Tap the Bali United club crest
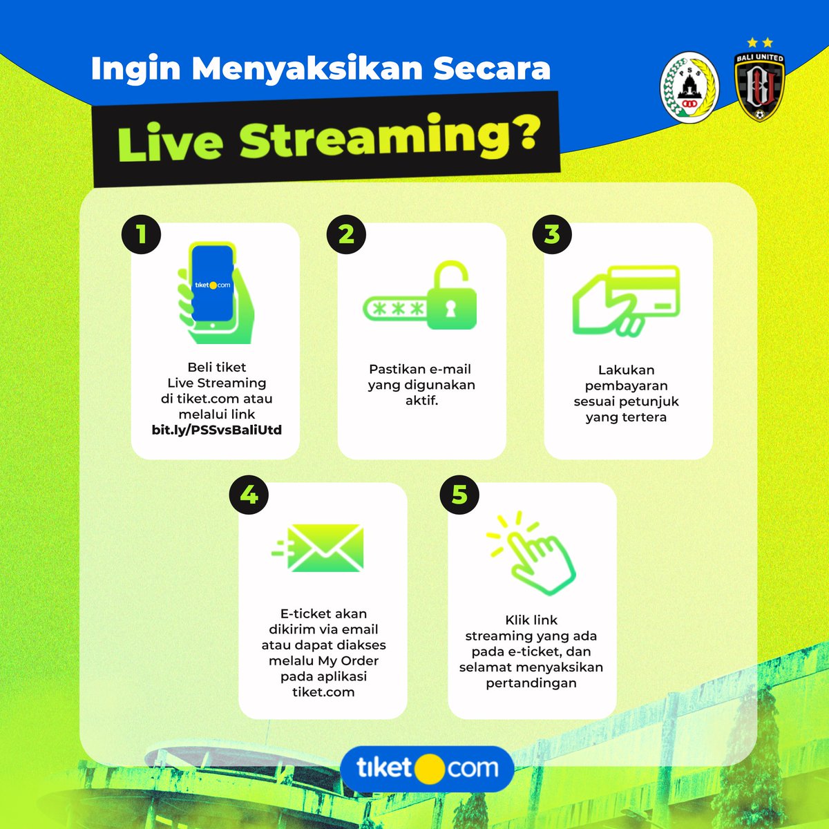759,85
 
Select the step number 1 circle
142,234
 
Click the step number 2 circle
346,234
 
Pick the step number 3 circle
551,234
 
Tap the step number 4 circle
249,495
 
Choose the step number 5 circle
459,495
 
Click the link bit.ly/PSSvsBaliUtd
217,430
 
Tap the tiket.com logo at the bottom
428,768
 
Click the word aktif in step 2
421,401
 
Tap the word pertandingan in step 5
531,683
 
